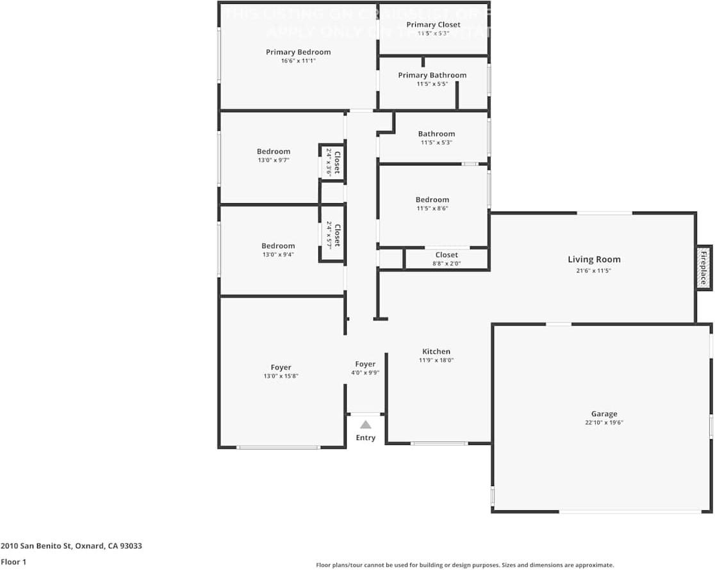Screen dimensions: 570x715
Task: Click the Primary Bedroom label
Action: pos(299,52)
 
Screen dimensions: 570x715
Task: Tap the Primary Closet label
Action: pos(433,25)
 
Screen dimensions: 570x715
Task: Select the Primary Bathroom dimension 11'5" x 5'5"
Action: pos(432,84)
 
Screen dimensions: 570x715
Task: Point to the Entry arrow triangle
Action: pos(365,424)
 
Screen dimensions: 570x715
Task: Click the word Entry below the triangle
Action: pos(365,438)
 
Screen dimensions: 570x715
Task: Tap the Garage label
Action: pos(604,414)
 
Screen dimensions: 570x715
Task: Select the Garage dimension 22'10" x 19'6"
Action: pos(604,423)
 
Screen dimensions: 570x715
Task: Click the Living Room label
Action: pos(594,260)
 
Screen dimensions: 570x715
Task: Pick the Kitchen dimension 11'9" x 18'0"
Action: pos(436,360)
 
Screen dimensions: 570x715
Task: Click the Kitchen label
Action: pos(436,351)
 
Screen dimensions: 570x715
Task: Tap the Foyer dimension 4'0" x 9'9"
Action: pos(365,373)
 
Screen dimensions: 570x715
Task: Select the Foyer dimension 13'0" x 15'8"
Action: pos(281,376)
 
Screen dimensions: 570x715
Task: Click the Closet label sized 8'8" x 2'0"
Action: pos(447,255)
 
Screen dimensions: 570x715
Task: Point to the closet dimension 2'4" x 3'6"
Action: pos(329,162)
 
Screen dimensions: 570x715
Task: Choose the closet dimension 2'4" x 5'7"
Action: pos(329,235)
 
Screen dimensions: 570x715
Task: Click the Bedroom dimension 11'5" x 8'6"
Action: pos(432,208)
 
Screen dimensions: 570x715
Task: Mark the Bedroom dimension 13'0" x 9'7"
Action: pos(274,160)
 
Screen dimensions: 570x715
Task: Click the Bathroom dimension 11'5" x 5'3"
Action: pos(436,142)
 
